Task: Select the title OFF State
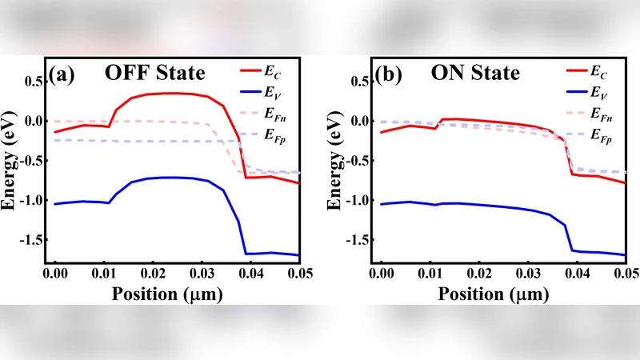(155, 74)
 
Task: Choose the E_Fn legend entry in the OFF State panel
(270, 117)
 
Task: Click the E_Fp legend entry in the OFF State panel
(270, 138)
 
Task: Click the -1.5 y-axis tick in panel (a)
(31, 240)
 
